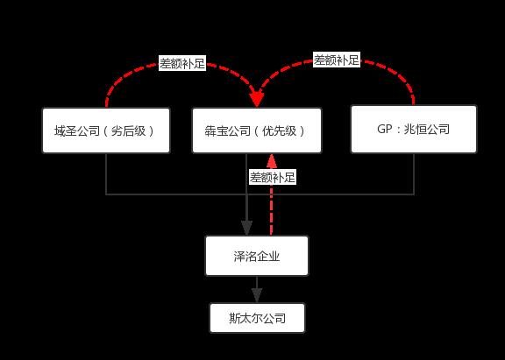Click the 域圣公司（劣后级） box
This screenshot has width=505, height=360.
point(106,131)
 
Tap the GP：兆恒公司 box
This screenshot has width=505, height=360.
point(413,130)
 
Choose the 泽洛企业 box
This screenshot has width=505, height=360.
point(257,256)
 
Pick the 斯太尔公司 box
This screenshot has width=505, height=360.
point(257,318)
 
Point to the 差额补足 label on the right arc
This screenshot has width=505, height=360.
point(338,60)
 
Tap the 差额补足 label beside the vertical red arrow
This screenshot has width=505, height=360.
point(273,177)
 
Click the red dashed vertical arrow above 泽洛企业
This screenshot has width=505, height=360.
point(272,210)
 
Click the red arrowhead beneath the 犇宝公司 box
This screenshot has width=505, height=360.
point(272,160)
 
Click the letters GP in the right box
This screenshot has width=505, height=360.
point(382,130)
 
